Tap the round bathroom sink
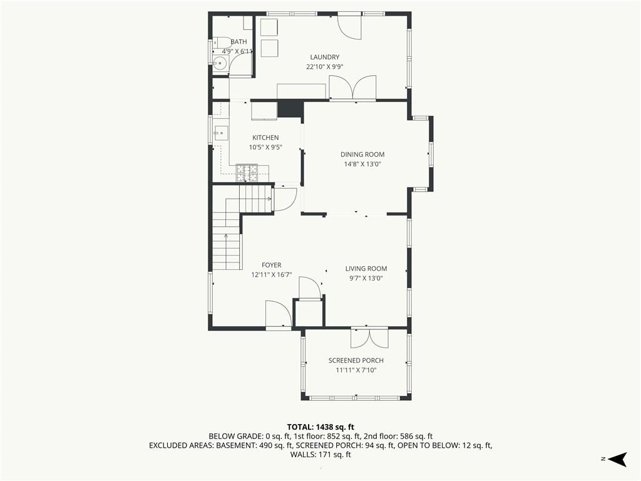point(220,63)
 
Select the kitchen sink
point(221,133)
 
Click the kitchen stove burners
point(247,173)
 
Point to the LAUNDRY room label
point(325,57)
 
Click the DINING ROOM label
point(362,154)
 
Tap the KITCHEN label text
point(265,137)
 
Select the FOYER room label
point(272,265)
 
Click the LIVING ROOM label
point(366,268)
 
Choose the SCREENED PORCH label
point(356,360)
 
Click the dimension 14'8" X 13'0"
point(362,164)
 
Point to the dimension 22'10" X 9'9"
point(325,67)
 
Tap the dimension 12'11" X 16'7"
point(272,275)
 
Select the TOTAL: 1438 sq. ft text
point(320,427)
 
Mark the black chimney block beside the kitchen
point(290,109)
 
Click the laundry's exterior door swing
point(350,26)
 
